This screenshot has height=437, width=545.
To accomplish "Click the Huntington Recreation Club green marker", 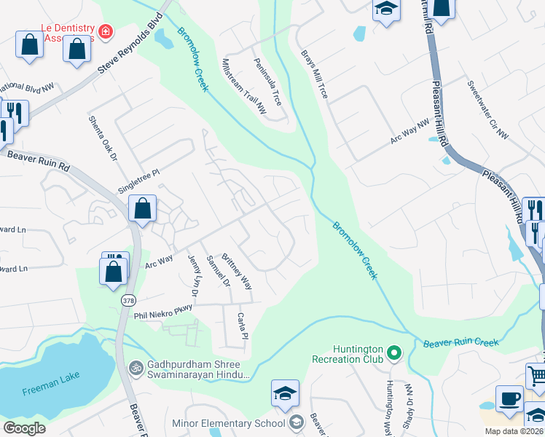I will pyautogui.click(x=394, y=353).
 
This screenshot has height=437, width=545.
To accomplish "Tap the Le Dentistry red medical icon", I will pyautogui.click(x=106, y=31).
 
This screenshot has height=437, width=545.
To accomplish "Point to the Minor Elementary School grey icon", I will pyautogui.click(x=296, y=422).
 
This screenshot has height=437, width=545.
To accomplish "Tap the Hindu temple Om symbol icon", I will pyautogui.click(x=134, y=369).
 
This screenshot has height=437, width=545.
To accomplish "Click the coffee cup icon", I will pyautogui.click(x=509, y=399).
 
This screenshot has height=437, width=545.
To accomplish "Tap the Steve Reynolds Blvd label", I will pyautogui.click(x=128, y=44).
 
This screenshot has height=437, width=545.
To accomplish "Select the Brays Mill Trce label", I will pyautogui.click(x=315, y=74).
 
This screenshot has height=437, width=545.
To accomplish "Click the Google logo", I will pyautogui.click(x=25, y=428).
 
